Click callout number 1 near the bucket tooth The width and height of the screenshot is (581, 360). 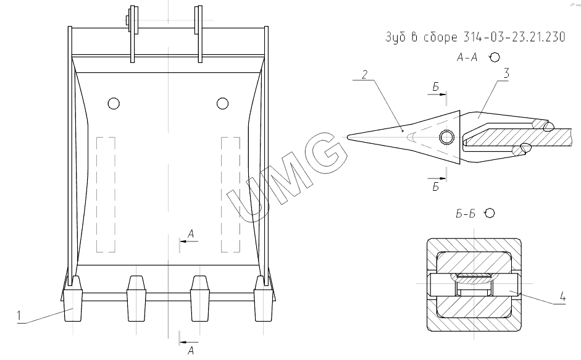pos(19,316)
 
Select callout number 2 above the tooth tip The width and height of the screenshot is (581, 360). pos(365,75)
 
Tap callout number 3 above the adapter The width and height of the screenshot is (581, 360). pos(506,73)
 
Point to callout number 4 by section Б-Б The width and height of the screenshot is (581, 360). pos(562,296)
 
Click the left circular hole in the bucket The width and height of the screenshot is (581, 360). pos(114,103)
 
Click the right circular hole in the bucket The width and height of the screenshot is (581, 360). pos(222,103)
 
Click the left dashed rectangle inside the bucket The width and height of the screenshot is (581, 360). pos(106,195)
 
